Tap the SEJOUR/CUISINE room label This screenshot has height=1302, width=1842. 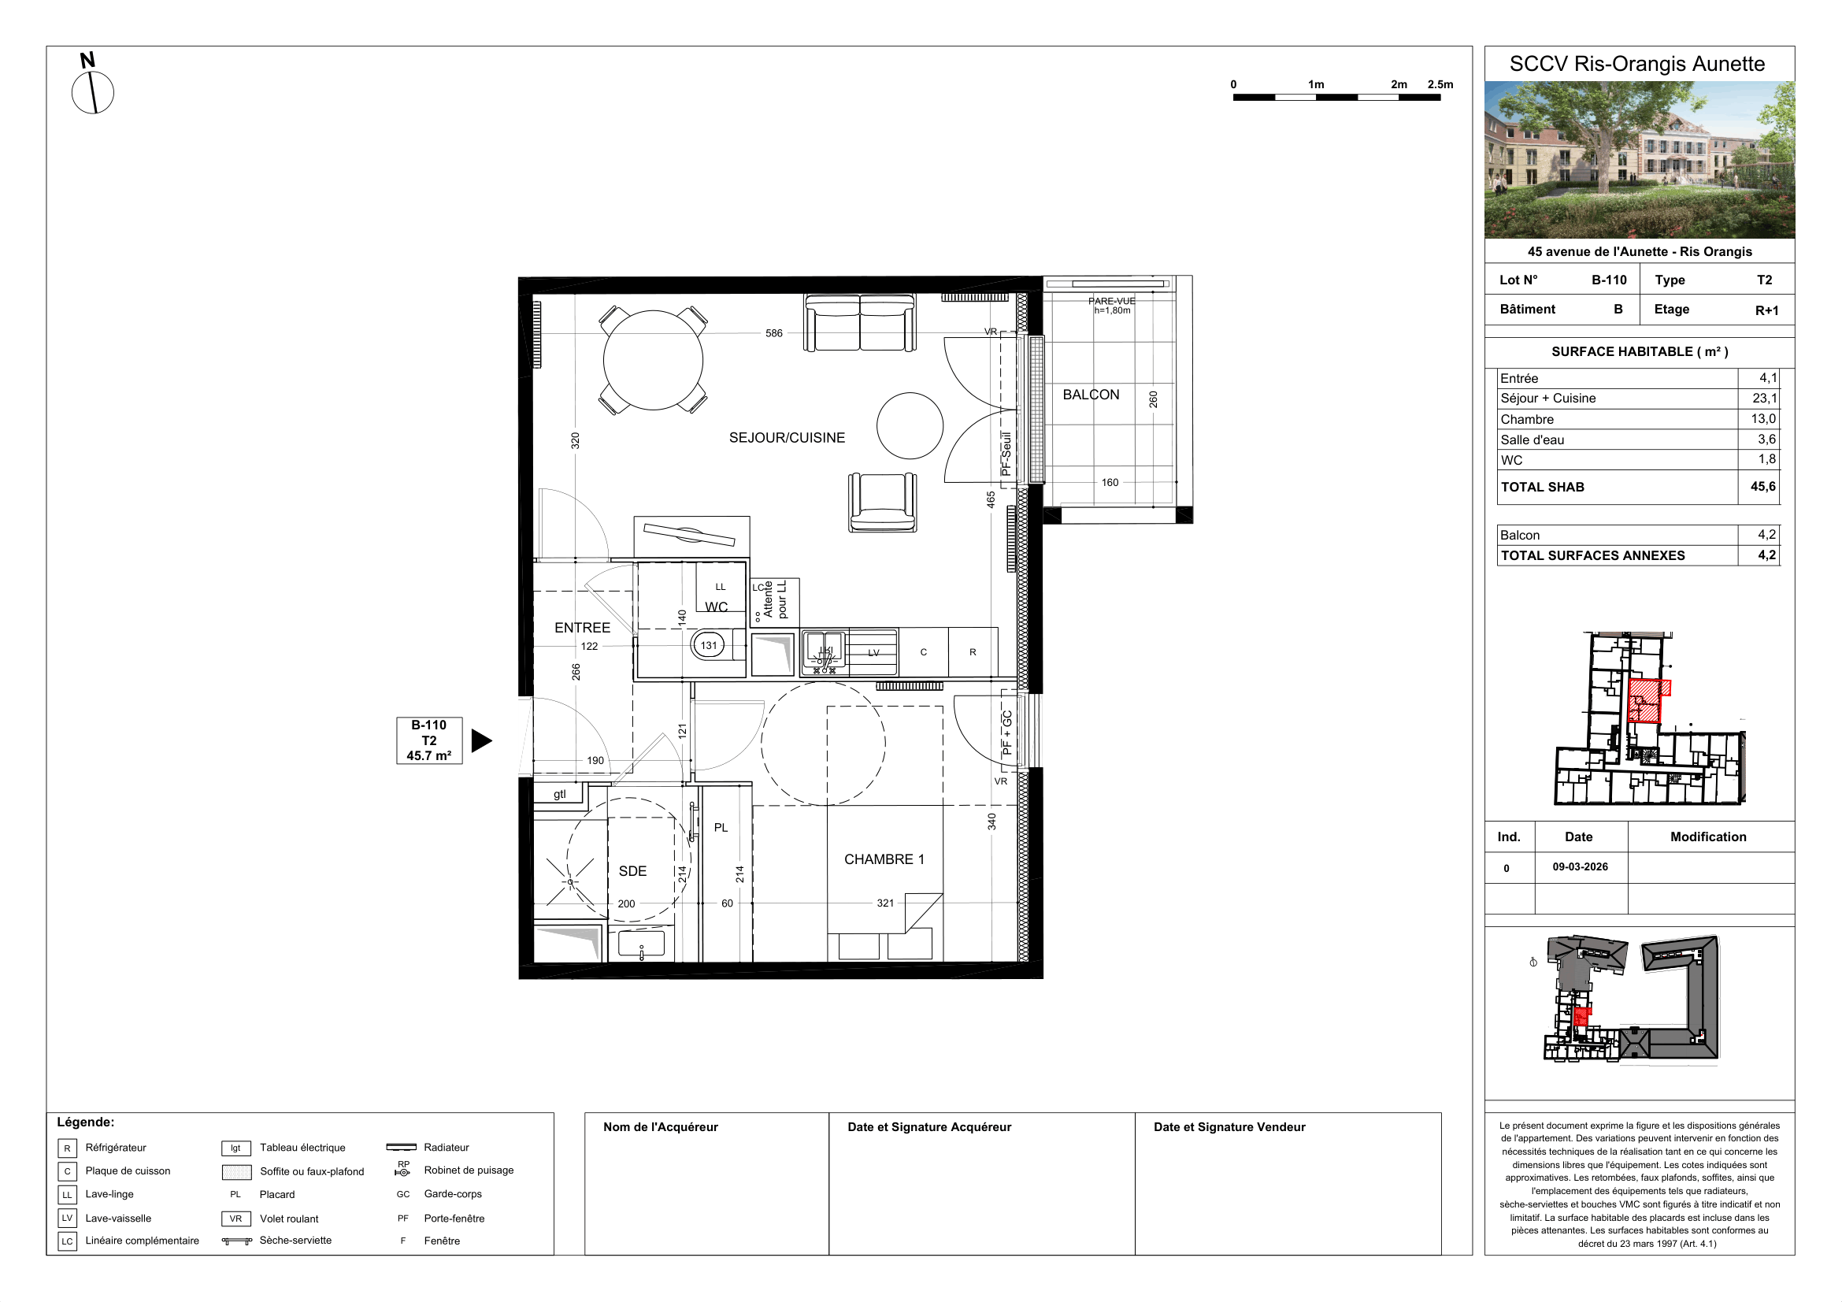tap(787, 438)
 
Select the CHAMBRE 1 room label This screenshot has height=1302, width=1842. tap(884, 859)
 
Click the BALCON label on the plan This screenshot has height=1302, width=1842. tap(1090, 395)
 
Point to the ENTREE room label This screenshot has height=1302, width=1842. tap(583, 628)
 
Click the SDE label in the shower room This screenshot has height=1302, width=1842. tap(632, 871)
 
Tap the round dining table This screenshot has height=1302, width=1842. tap(653, 360)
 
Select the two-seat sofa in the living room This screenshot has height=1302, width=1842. tap(860, 322)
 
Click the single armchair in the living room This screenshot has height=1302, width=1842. tap(883, 503)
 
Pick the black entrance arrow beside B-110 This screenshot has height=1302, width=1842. tap(481, 740)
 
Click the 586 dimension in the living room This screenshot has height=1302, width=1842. tap(773, 334)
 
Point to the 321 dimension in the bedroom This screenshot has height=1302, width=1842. tap(885, 903)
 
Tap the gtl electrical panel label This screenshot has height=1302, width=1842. tap(559, 794)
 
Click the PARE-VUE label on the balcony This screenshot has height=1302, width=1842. tap(1112, 301)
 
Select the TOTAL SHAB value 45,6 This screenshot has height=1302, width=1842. tap(1762, 487)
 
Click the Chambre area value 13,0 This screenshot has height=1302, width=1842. tap(1763, 419)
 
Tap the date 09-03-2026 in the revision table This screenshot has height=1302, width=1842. tap(1580, 867)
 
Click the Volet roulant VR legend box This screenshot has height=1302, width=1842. tap(236, 1219)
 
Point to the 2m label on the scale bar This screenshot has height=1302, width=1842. tap(1399, 84)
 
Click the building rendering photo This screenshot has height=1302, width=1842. tap(1639, 160)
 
